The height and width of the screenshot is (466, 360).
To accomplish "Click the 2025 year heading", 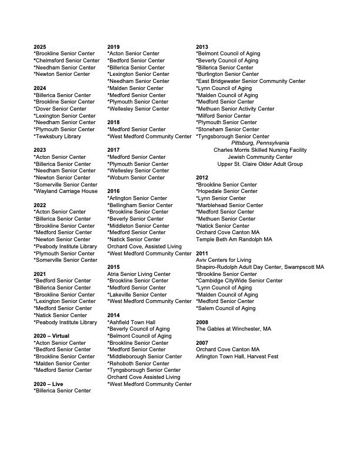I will tap(40, 46).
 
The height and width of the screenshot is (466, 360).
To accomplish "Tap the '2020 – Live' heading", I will tap(48, 384).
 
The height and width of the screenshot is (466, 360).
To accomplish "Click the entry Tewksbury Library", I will tap(58, 136).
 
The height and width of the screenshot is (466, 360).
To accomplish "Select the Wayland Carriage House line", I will tap(66, 191).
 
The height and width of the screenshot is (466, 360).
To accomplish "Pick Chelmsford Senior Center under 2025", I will tap(66, 61).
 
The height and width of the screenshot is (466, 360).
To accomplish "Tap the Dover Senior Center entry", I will tap(61, 109).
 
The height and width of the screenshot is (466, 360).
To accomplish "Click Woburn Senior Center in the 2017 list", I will tap(136, 177).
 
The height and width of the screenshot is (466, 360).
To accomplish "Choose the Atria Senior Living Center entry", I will tap(139, 274).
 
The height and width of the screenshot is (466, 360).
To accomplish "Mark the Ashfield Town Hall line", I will tap(131, 322).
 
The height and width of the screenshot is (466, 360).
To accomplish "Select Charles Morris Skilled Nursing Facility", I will tap(260, 150).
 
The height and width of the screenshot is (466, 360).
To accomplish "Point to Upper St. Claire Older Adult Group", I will tap(260, 164).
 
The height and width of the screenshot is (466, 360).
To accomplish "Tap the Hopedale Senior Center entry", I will tap(226, 191).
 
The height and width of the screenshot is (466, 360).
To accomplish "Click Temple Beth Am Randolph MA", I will tap(234, 239).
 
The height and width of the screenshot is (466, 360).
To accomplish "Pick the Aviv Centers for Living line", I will tap(224, 260).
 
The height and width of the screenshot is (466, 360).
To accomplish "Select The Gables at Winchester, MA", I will tap(234, 329).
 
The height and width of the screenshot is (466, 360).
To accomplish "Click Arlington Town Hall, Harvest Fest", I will tap(237, 357).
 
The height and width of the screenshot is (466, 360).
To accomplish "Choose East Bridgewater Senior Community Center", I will tap(251, 81).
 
